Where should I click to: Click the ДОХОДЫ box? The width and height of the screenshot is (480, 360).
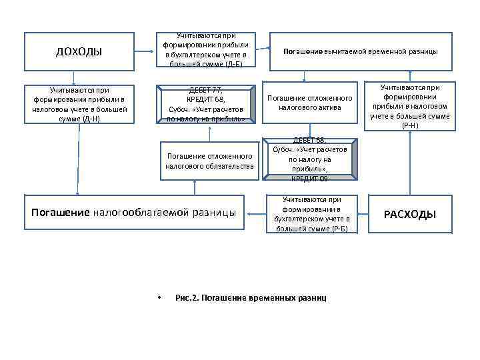click(x=78, y=51)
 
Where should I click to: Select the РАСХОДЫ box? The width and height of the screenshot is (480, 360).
click(x=410, y=214)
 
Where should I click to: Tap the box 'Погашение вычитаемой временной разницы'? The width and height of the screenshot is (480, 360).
click(x=361, y=51)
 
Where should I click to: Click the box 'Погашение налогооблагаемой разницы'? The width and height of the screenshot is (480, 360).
click(x=134, y=213)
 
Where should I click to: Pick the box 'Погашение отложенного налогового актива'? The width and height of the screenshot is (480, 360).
click(x=309, y=102)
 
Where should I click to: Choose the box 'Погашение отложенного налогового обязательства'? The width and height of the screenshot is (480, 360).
click(x=209, y=161)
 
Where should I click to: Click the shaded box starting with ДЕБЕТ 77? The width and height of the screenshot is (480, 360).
click(x=206, y=104)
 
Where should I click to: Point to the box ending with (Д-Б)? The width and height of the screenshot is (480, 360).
click(x=206, y=50)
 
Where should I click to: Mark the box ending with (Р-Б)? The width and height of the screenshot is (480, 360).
click(x=311, y=214)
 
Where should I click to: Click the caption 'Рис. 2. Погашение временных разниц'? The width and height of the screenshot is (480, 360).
click(x=251, y=297)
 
